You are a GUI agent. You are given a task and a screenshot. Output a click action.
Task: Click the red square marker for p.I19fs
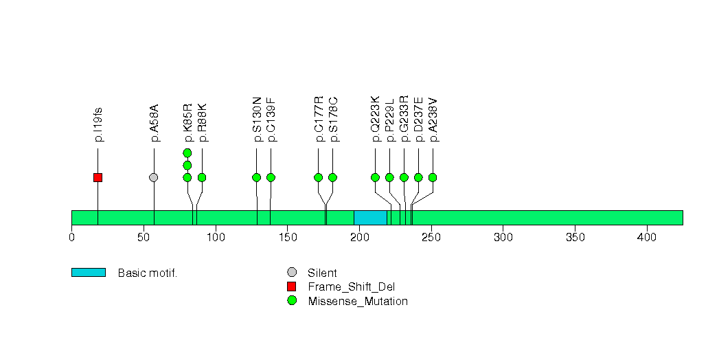click(98, 177)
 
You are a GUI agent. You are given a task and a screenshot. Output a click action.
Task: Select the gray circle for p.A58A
click(154, 177)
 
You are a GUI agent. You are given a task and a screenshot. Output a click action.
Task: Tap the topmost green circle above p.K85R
click(187, 153)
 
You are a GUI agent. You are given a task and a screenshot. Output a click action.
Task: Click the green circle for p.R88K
click(202, 177)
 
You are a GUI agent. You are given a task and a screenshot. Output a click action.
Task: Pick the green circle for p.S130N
click(257, 177)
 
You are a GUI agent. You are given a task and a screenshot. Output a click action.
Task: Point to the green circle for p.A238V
click(433, 177)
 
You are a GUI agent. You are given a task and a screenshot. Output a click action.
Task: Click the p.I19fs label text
click(98, 124)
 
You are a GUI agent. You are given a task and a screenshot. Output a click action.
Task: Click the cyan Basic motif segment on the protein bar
click(370, 218)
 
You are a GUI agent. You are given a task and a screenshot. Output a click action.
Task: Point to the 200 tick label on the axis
click(359, 238)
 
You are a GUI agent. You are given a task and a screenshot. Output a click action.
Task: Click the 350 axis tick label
click(575, 238)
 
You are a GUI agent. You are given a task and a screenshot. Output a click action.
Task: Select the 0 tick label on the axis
click(72, 238)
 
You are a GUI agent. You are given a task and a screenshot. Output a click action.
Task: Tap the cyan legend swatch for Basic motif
click(89, 273)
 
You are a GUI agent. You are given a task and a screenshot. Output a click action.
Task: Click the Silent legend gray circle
click(292, 273)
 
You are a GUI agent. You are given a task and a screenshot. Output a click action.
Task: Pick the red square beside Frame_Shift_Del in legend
click(292, 286)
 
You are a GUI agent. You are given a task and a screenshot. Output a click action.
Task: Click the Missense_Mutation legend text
click(358, 301)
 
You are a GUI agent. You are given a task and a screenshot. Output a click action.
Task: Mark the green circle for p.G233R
click(404, 177)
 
